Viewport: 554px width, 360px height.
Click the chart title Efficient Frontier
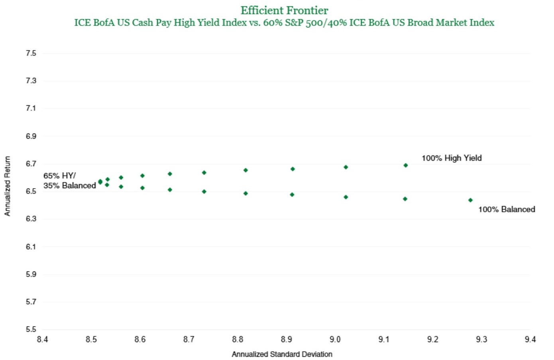[284, 10]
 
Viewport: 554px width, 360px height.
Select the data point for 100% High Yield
[405, 165]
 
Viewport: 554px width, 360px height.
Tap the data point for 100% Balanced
[470, 200]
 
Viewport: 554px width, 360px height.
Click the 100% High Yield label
[452, 158]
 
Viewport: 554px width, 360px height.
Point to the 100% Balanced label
[507, 209]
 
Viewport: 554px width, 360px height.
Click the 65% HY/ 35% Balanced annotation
[69, 181]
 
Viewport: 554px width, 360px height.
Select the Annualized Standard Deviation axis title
[282, 354]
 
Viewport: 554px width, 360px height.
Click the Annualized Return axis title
[7, 186]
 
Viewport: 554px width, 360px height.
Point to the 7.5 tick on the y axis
[31, 53]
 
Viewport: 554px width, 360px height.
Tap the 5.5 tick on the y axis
[31, 329]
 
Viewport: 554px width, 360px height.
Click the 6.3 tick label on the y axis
[31, 219]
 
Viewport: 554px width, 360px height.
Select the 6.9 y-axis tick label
[31, 136]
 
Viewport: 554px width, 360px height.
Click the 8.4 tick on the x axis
[42, 339]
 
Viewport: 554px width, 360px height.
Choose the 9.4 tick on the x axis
[530, 339]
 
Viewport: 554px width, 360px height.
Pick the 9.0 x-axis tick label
[335, 339]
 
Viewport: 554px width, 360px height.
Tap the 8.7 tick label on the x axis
[189, 339]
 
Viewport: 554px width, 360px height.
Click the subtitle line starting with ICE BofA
[284, 23]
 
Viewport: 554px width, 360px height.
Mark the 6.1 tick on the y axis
[31, 246]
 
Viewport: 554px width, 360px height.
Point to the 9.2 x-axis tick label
[432, 339]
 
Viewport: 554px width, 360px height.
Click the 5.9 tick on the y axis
[31, 274]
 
